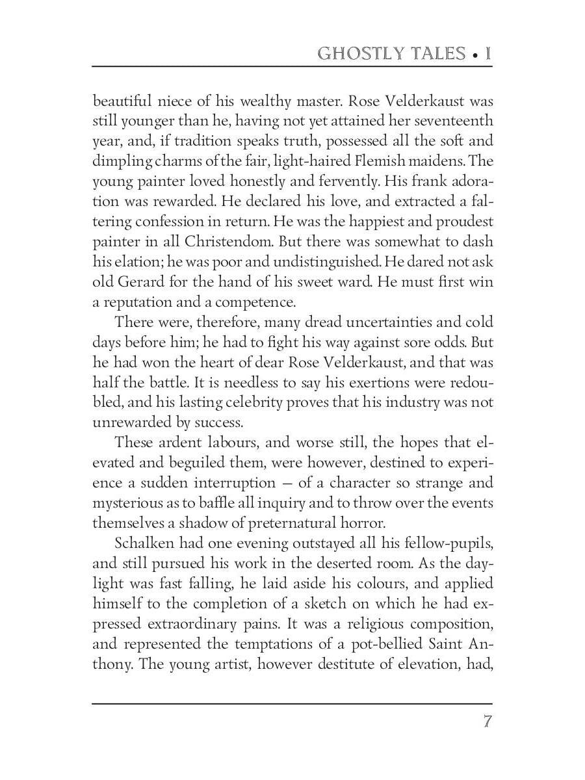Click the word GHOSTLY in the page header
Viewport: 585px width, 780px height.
point(356,53)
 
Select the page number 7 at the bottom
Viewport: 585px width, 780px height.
point(487,722)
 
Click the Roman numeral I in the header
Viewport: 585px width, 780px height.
point(487,53)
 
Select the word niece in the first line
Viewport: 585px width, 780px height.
point(174,101)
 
